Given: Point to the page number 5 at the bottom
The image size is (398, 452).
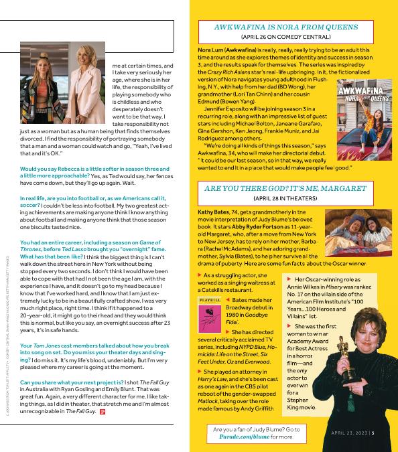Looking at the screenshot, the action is pos(373,432).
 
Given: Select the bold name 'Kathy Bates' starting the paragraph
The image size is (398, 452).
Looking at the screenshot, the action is pos(213,212).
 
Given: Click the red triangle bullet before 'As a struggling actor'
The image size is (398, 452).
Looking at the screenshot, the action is pos(201,275).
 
